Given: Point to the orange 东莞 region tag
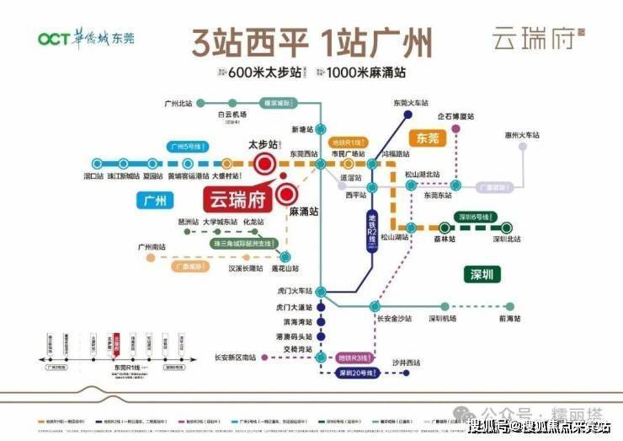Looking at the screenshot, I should point(428,137).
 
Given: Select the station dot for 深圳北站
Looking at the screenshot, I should point(507,226).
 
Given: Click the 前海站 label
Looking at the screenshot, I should point(509,318).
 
